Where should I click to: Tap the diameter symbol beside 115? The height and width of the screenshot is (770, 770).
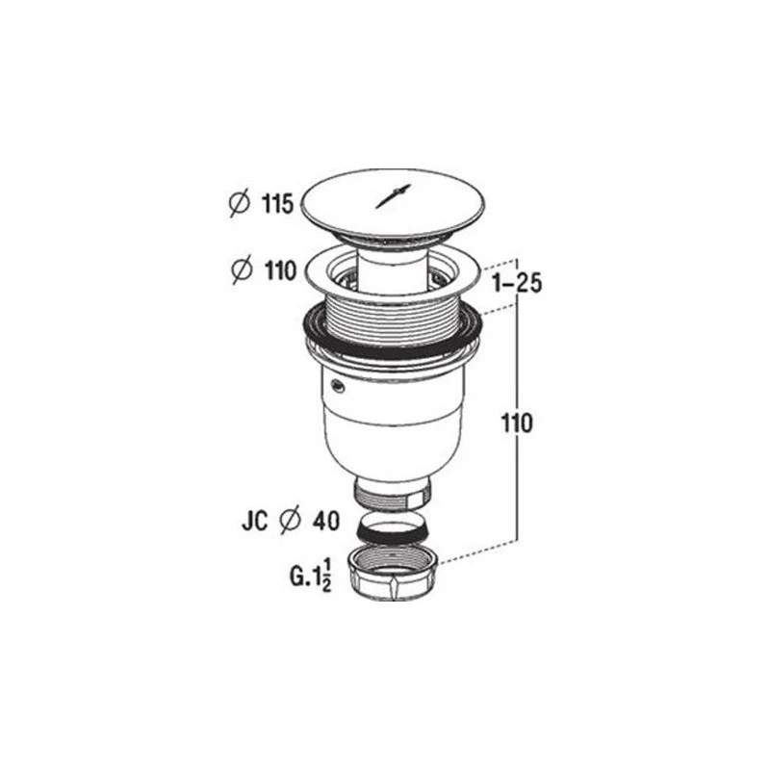(x=240, y=204)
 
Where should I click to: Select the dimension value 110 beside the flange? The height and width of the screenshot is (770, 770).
(x=277, y=271)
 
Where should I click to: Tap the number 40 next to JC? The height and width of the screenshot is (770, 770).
(x=325, y=522)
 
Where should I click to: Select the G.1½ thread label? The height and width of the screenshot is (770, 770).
(x=309, y=577)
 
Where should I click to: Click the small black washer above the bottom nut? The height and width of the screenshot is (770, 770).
(x=393, y=530)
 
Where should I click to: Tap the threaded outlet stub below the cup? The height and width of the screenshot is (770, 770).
(x=394, y=494)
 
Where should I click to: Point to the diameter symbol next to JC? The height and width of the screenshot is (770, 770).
(x=288, y=522)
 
